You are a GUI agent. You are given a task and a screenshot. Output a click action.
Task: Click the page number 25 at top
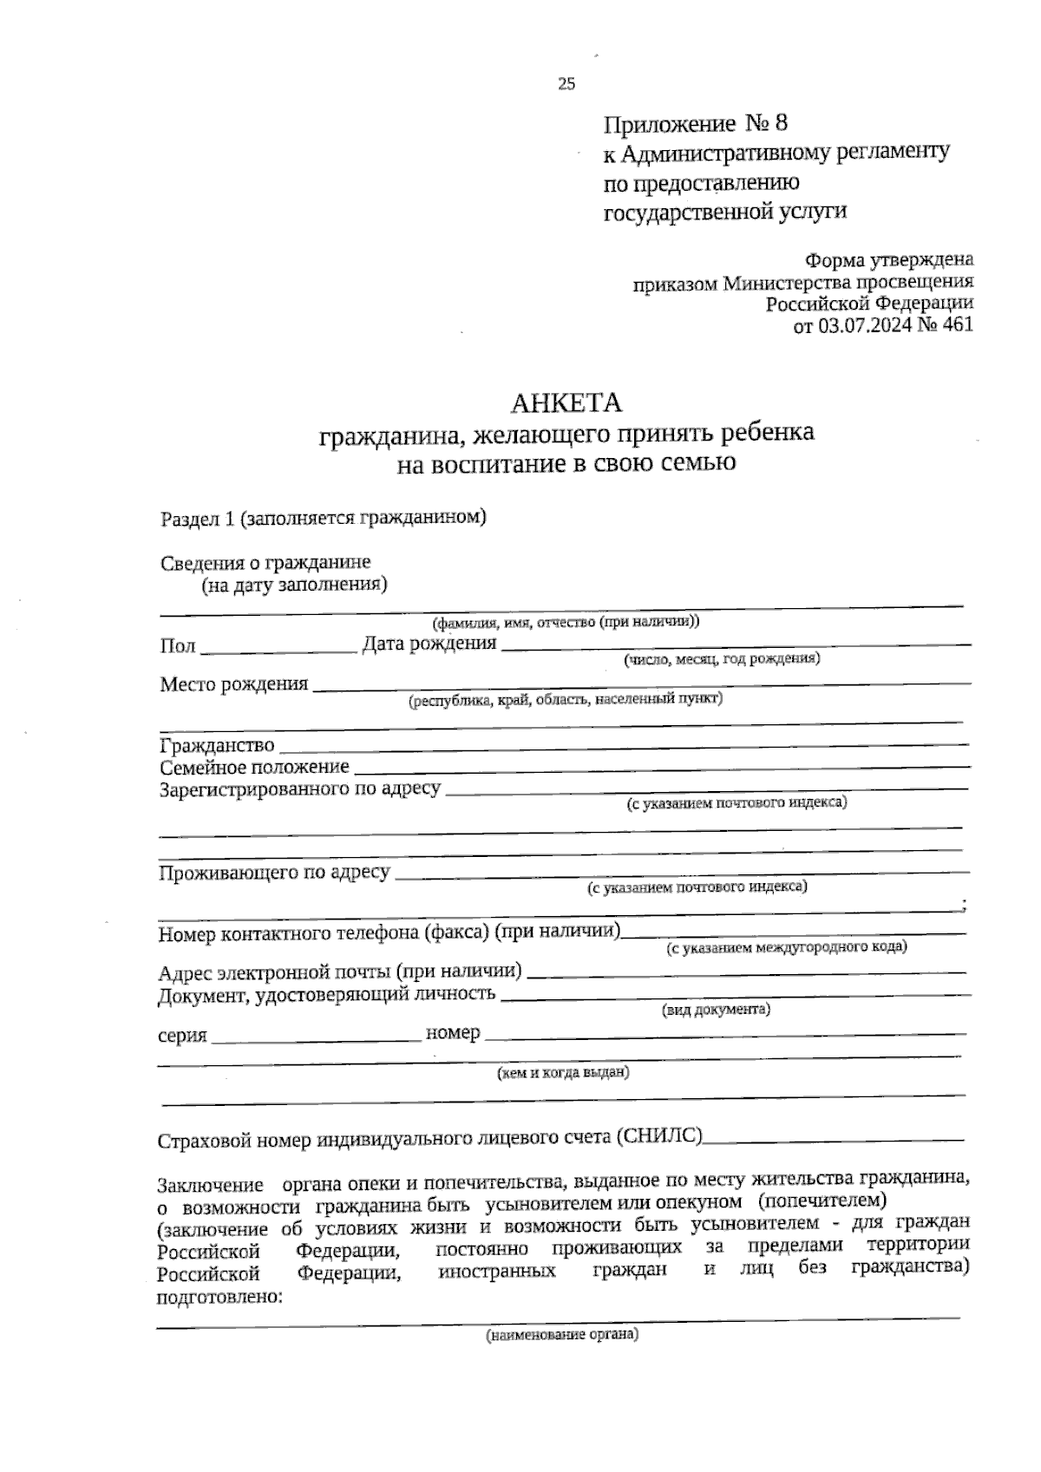click(x=566, y=84)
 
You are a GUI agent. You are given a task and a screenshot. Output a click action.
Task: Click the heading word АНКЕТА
click(x=566, y=403)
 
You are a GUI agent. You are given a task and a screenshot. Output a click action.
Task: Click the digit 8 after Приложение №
click(x=781, y=123)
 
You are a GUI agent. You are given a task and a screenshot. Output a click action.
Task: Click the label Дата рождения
click(x=429, y=644)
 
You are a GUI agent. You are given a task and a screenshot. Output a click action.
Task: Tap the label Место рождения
click(x=234, y=684)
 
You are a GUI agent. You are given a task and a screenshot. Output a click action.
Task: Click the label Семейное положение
click(x=254, y=767)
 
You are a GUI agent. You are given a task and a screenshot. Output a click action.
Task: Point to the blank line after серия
click(x=315, y=1038)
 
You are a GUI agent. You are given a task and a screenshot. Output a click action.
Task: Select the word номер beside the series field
click(x=453, y=1033)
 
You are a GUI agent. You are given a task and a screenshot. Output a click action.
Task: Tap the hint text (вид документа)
click(x=716, y=1011)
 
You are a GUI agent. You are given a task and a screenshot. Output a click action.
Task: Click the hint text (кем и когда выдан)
click(x=562, y=1073)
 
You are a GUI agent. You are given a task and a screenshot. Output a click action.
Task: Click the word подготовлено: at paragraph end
click(x=219, y=1298)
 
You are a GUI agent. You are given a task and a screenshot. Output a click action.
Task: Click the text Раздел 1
click(x=198, y=519)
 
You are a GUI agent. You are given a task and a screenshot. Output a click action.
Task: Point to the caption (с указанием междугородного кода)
click(x=786, y=947)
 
